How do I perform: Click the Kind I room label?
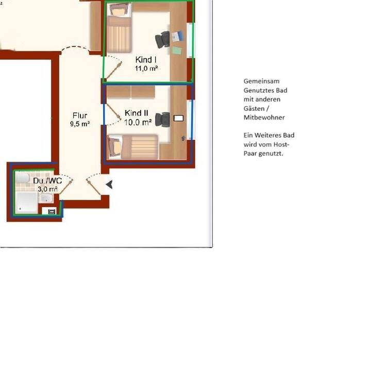[x=146, y=60]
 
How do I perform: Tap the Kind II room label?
[x=136, y=113]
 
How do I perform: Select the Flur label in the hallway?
[x=80, y=115]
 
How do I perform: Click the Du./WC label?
[x=47, y=181]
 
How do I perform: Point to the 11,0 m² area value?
[x=146, y=68]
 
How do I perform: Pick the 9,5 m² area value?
[x=80, y=124]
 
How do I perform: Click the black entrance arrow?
[x=109, y=184]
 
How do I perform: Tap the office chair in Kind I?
[x=162, y=40]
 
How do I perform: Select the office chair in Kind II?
[x=162, y=120]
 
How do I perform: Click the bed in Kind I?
[x=119, y=27]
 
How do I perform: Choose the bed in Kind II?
[x=133, y=147]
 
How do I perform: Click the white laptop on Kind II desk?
[x=178, y=118]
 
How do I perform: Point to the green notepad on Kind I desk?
[x=176, y=50]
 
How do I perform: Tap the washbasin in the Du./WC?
[x=46, y=198]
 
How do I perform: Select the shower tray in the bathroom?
[x=27, y=203]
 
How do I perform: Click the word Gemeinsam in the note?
[x=261, y=81]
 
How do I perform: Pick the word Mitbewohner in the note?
[x=264, y=117]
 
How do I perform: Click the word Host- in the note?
[x=281, y=144]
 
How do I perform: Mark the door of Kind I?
[x=114, y=70]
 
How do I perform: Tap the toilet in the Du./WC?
[x=22, y=178]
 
